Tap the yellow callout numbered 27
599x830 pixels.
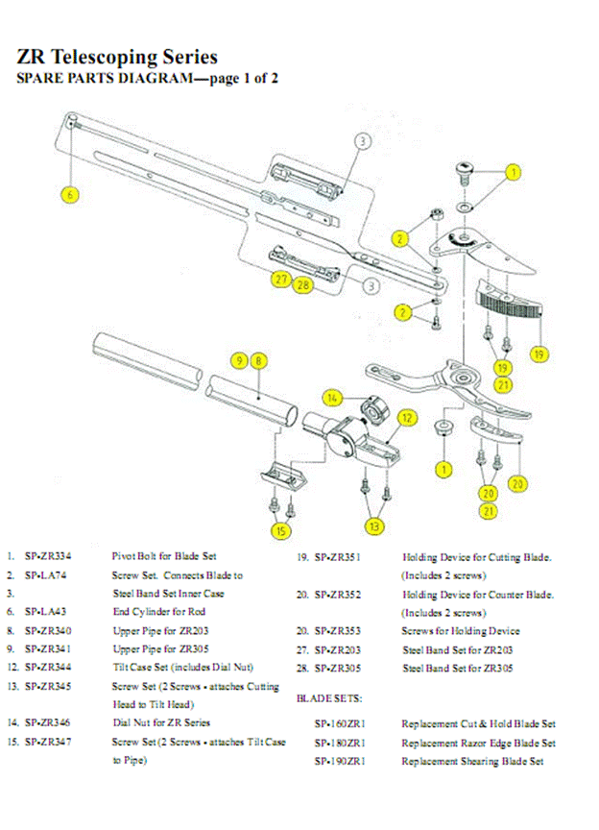(x=280, y=280)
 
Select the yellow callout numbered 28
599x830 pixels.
(x=302, y=284)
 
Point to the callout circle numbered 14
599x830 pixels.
(x=332, y=398)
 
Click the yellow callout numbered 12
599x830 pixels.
(x=407, y=418)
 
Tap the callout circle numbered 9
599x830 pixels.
(x=240, y=360)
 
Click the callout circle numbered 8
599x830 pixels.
(x=259, y=360)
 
